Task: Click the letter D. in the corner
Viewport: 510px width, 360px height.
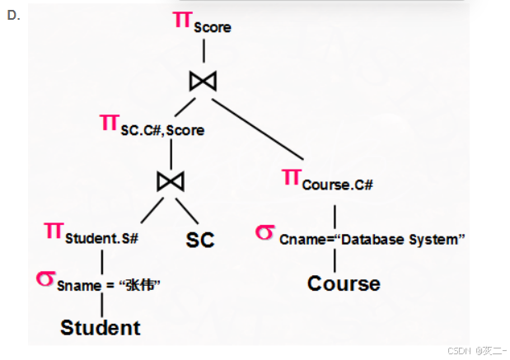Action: tap(12, 15)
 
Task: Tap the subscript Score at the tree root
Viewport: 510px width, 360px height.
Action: tap(213, 27)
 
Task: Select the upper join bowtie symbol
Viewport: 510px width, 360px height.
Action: tap(203, 80)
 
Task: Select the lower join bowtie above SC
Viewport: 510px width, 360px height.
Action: tap(171, 180)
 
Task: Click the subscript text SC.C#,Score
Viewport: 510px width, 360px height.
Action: tap(163, 130)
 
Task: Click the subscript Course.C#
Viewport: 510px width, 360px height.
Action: tap(338, 185)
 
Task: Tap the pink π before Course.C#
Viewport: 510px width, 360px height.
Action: tap(291, 177)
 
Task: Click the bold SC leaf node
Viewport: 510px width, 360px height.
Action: tap(199, 240)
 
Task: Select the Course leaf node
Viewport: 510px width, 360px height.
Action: tap(344, 284)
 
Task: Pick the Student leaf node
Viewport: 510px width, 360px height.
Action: tap(101, 328)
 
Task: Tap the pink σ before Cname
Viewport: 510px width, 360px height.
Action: tap(264, 232)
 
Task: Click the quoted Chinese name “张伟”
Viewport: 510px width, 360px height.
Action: tap(139, 285)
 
